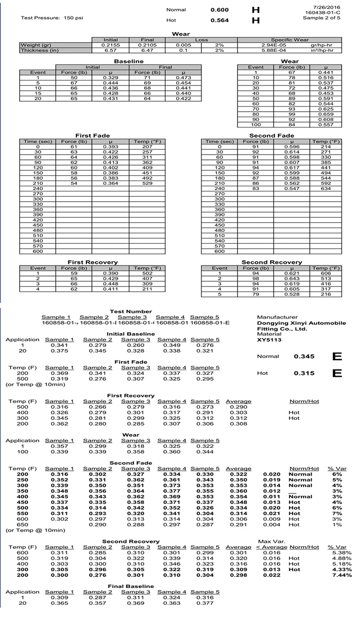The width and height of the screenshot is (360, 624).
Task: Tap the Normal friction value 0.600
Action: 220,10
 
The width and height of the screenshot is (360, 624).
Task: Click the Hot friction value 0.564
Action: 220,21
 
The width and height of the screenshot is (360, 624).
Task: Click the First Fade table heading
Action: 90,136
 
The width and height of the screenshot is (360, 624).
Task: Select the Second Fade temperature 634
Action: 326,189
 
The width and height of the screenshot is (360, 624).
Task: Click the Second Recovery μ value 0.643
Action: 289,279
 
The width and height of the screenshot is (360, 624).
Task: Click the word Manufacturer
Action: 277,317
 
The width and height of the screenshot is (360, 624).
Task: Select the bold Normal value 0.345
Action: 303,357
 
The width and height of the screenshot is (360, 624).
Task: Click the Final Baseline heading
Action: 131,586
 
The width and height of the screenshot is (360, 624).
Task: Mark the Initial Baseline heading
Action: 131,334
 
